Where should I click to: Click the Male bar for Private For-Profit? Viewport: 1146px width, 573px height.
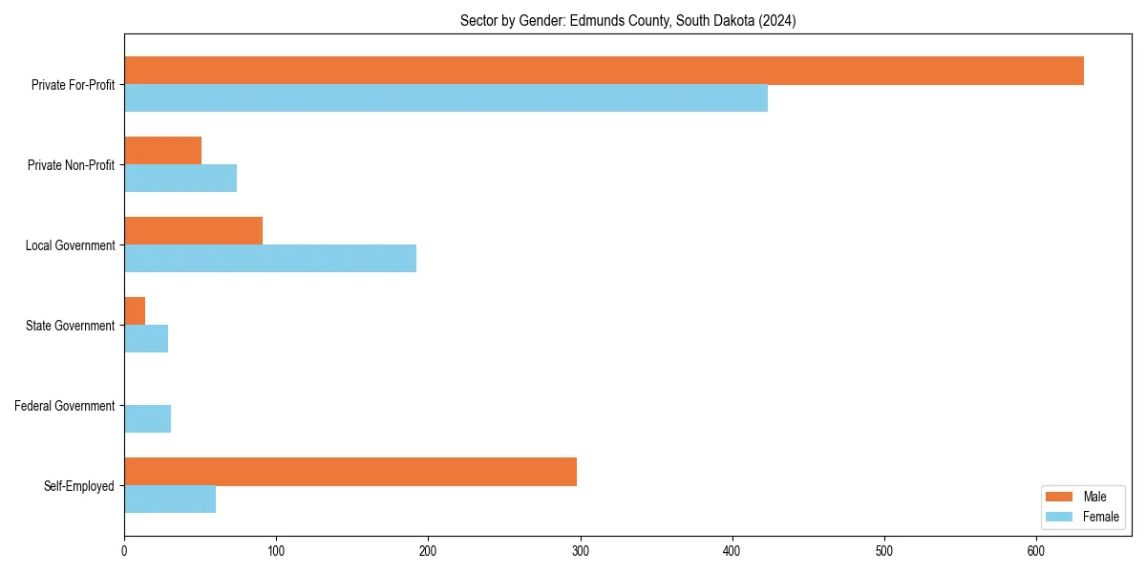click(604, 71)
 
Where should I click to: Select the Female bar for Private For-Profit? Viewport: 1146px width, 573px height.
click(446, 98)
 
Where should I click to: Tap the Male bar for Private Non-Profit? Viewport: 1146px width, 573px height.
click(162, 151)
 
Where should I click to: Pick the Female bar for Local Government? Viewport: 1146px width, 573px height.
click(270, 259)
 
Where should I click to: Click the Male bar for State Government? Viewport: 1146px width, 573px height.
click(135, 311)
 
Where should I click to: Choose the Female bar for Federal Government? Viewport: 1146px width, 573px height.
click(147, 419)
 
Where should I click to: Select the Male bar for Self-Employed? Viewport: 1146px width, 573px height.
click(350, 472)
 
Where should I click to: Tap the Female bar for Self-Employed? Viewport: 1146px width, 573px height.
click(170, 499)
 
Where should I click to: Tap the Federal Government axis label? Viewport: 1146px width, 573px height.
click(64, 406)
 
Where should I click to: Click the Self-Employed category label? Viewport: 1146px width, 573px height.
click(78, 486)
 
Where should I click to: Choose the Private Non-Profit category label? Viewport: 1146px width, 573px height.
click(71, 165)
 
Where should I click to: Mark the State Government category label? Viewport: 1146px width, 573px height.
click(70, 326)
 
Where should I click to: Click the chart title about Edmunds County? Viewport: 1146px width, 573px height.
click(627, 20)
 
